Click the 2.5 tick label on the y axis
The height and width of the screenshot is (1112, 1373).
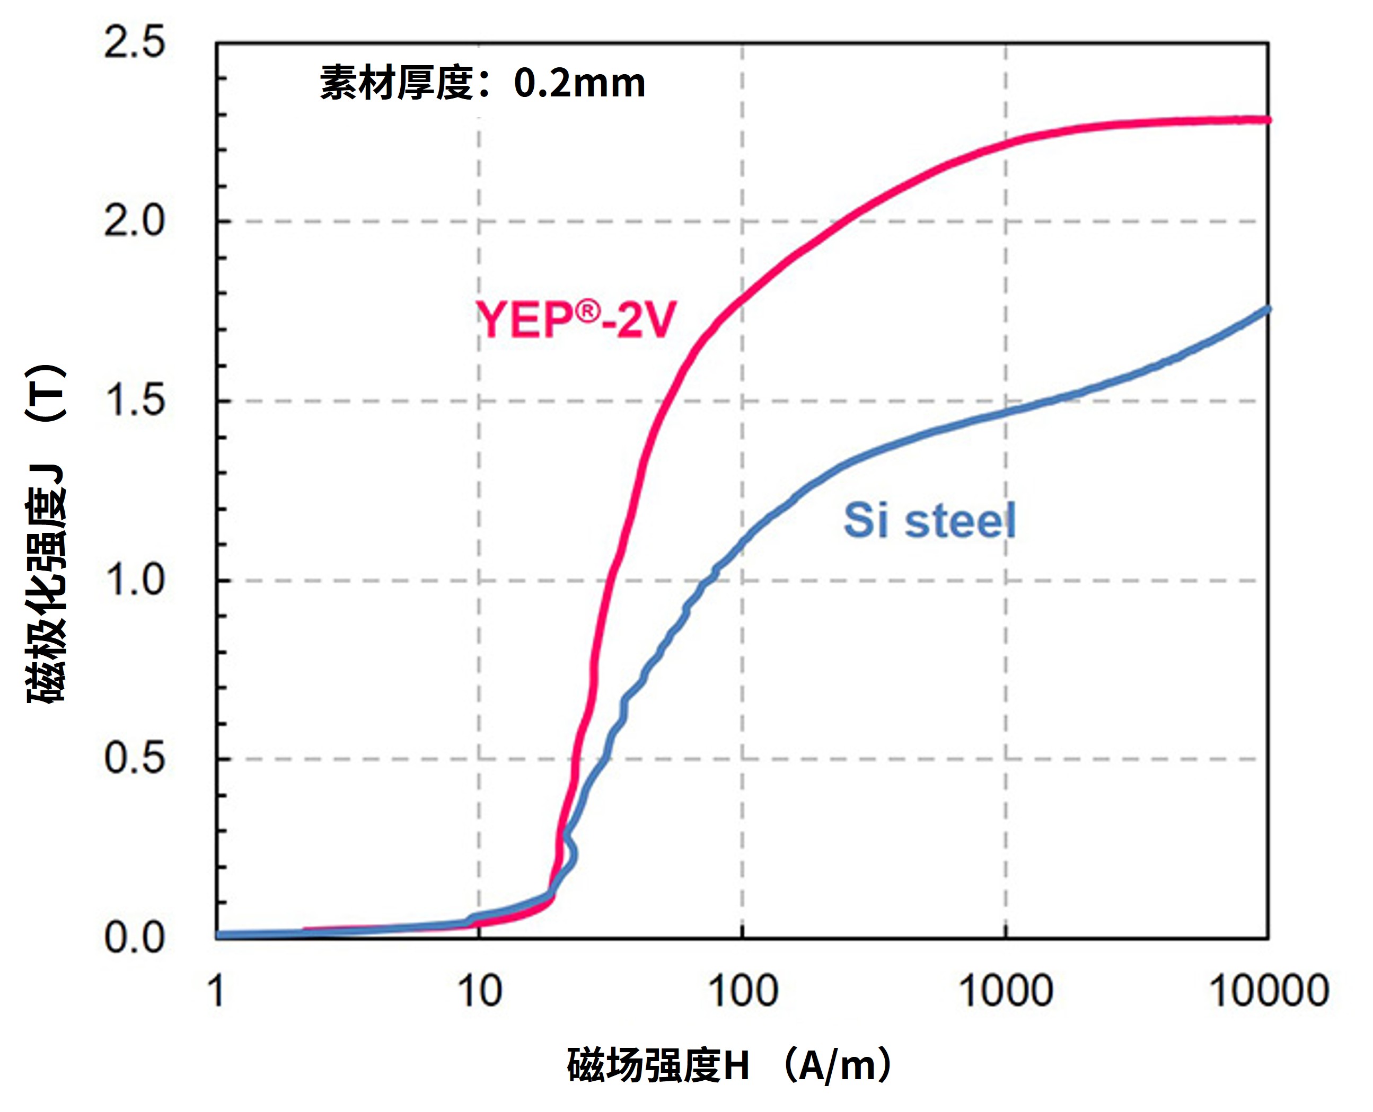[x=134, y=43]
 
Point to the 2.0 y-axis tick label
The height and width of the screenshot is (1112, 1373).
[x=134, y=221]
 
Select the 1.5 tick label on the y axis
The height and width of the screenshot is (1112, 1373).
[x=134, y=401]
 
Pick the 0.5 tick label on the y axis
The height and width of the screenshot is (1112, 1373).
[x=134, y=759]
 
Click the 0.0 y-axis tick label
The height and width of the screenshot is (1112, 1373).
[x=134, y=938]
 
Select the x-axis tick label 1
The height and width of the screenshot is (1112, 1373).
[x=217, y=991]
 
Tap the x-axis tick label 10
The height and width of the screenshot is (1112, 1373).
[x=479, y=991]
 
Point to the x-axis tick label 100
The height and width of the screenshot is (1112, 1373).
[x=742, y=991]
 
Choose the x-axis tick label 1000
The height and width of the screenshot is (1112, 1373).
[x=1005, y=991]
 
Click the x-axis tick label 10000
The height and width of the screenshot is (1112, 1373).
[x=1268, y=991]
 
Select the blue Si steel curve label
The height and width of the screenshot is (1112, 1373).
[x=929, y=520]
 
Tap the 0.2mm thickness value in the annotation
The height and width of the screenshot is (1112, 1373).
[x=579, y=83]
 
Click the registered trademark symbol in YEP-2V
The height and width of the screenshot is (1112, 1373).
[x=587, y=312]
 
